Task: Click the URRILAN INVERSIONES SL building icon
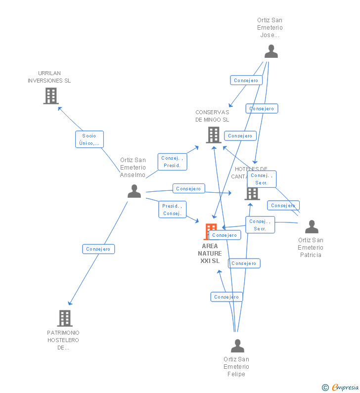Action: [x=51, y=96]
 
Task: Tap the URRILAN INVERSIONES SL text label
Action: [x=49, y=77]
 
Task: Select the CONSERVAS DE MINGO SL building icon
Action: [x=213, y=134]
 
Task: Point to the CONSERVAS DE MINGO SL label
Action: [x=212, y=116]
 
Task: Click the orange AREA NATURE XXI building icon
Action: [x=210, y=231]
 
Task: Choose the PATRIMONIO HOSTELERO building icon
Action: [x=65, y=318]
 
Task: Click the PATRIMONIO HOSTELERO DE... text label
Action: [x=63, y=340]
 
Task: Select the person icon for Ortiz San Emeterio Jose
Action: [x=271, y=51]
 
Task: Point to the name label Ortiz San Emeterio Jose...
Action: [x=270, y=28]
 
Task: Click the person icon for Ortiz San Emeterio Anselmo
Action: [x=134, y=191]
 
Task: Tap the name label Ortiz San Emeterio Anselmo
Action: [x=133, y=167]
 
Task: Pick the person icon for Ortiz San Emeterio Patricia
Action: [x=312, y=227]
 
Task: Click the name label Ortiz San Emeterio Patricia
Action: [x=311, y=248]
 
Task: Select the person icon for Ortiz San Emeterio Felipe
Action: [x=237, y=346]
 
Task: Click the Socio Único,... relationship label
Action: [x=89, y=139]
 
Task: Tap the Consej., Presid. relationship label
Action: [x=172, y=162]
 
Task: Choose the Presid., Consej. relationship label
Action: [x=172, y=210]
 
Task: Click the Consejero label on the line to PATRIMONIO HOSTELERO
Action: [x=98, y=249]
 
